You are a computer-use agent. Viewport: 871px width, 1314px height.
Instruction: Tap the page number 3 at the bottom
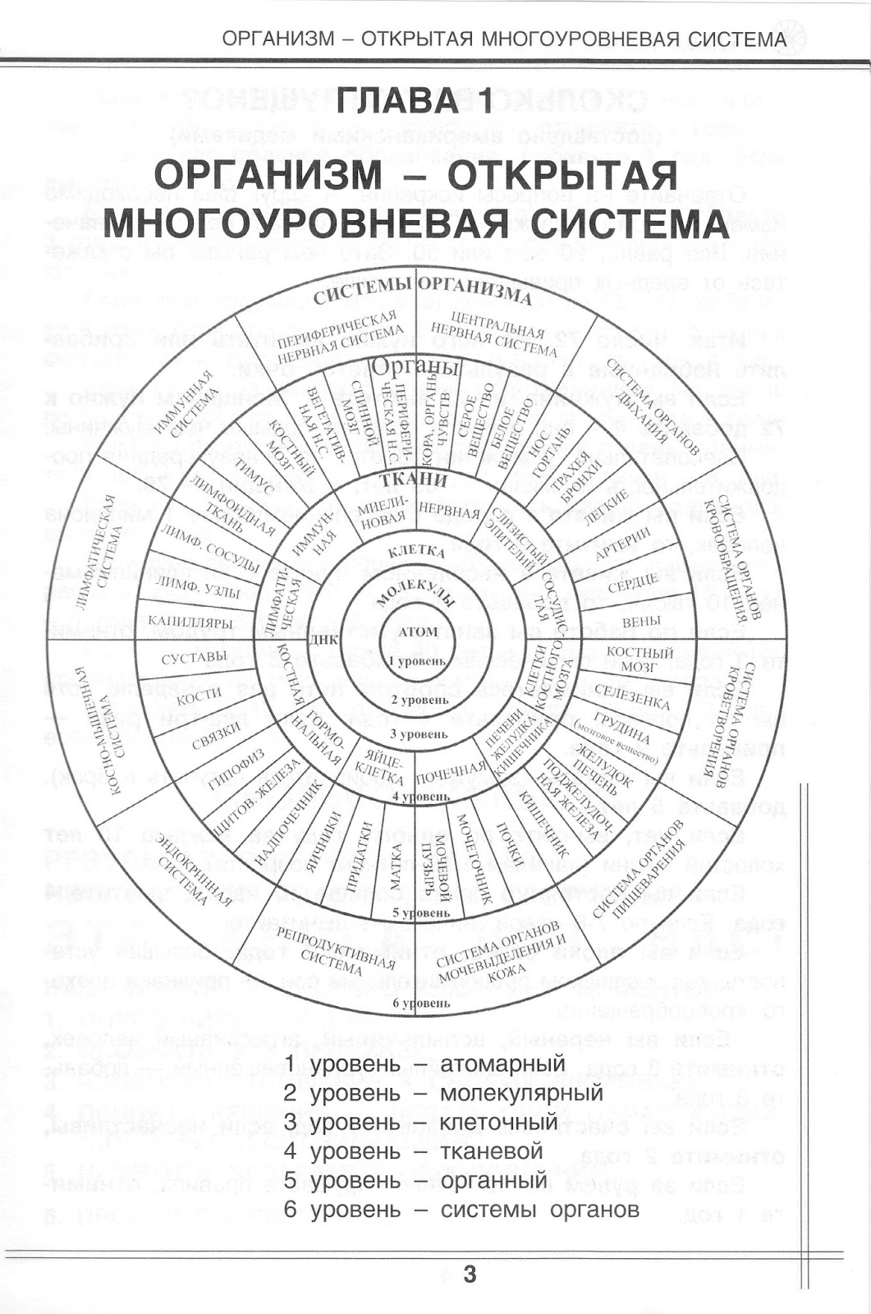tap(470, 1275)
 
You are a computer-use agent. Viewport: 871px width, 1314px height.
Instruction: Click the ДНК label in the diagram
tap(321, 639)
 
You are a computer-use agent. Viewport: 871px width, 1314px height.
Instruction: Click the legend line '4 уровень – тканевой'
tap(413, 1151)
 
